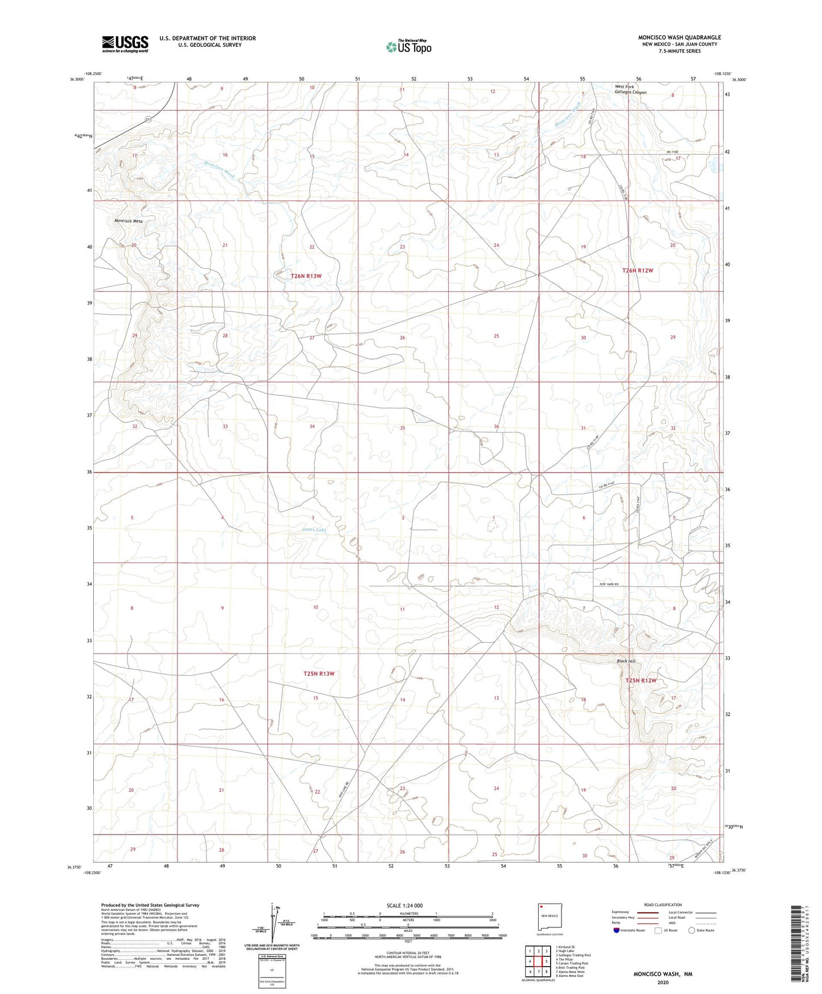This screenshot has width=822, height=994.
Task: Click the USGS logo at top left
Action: [125, 44]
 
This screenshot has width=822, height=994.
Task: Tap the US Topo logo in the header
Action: [408, 47]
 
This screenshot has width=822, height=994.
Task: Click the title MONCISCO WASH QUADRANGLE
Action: [679, 38]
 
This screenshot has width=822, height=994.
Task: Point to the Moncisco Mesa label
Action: [129, 221]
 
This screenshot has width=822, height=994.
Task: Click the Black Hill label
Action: [626, 661]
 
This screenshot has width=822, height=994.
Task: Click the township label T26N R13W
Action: [306, 276]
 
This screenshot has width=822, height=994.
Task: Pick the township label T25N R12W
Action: [641, 681]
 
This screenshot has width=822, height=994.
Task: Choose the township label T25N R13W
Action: [319, 674]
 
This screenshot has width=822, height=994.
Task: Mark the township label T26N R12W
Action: [637, 271]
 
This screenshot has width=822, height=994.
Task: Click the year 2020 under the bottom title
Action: [662, 982]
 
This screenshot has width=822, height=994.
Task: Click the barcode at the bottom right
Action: [799, 945]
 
